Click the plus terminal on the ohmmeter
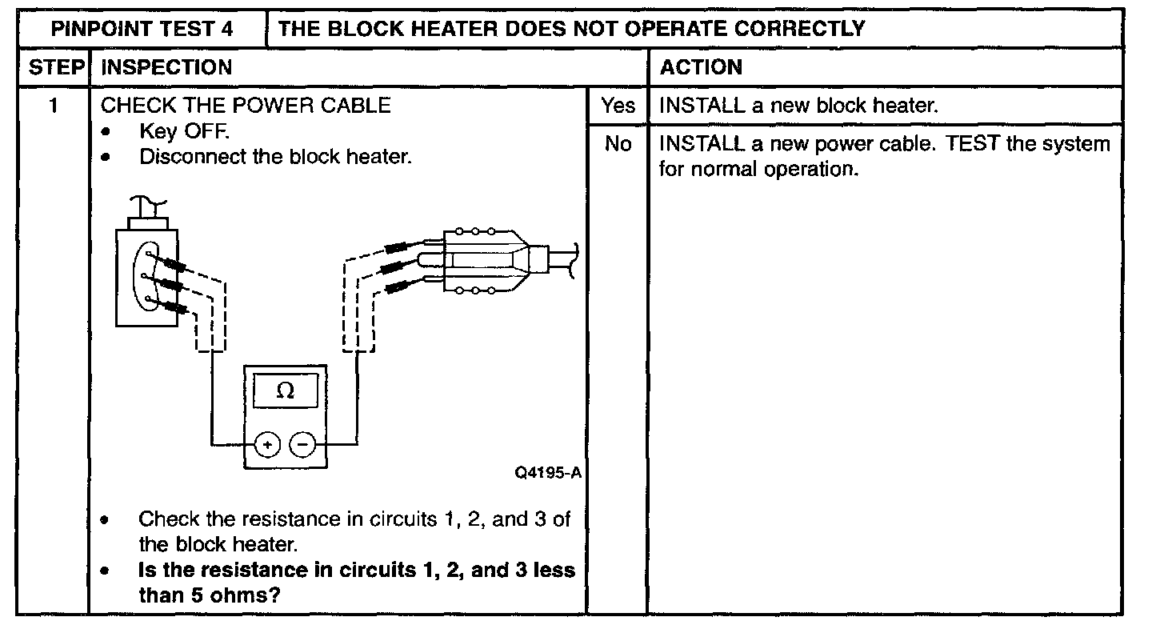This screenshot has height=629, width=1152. tap(268, 443)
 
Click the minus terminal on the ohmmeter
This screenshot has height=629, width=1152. tap(302, 443)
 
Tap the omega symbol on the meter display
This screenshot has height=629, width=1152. tap(284, 391)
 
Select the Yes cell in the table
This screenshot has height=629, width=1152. tap(618, 106)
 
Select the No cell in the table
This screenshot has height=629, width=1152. tap(618, 145)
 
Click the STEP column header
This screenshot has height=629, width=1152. tap(56, 67)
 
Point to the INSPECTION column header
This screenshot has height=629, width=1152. tap(167, 67)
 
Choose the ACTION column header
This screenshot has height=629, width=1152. tap(701, 67)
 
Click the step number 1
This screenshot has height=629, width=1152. tap(54, 106)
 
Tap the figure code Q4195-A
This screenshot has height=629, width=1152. tap(548, 473)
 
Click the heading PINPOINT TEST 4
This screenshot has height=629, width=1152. tap(142, 30)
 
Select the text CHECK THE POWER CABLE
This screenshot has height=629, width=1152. tap(246, 106)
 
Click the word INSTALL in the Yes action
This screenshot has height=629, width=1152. tap(701, 106)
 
